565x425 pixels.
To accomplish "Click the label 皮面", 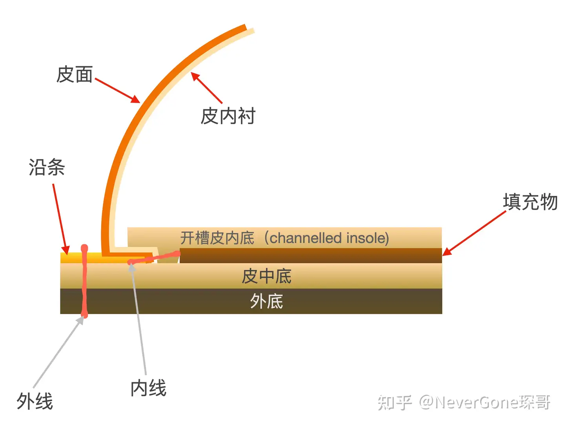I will pos(75,74).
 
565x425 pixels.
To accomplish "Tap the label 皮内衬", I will pos(228,116).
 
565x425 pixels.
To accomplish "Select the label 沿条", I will pos(47,167).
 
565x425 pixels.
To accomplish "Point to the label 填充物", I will pos(530,202).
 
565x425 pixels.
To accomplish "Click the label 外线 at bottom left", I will pos(35,401).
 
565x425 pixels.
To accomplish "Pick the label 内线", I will pos(148,388).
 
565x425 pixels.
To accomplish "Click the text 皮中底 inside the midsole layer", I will pos(266,276).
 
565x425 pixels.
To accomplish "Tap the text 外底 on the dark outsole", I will pos(266,302).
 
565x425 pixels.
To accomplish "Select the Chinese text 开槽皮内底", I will pos(217,238).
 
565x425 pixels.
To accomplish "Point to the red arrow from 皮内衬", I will pos(207,88).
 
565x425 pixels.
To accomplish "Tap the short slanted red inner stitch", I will pos(155,258).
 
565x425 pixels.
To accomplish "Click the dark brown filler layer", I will pos(310,255).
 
